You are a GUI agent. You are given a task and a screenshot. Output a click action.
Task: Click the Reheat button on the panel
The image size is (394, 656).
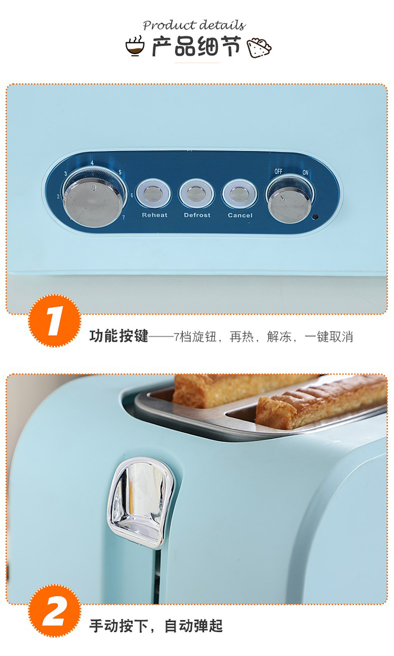click(153, 194)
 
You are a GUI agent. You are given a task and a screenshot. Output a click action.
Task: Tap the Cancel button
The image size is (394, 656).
click(240, 194)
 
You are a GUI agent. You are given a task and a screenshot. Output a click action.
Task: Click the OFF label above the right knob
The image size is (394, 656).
click(278, 171)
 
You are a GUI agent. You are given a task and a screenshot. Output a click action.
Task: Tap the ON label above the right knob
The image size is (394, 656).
click(305, 172)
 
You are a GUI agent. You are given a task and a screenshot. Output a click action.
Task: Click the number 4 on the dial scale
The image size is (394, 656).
click(92, 163)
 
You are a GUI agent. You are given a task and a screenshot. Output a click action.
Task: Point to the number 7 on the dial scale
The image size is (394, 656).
click(123, 217)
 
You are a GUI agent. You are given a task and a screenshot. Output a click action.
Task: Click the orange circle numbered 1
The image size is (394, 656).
click(55, 321)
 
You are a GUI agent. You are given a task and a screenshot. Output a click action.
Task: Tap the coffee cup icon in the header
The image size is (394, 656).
click(135, 46)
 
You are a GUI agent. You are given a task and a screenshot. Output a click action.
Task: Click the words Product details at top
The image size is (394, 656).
click(194, 25)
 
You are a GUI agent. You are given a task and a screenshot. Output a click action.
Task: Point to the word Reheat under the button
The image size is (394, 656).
click(154, 215)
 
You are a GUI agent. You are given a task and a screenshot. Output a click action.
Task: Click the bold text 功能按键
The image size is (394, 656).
click(119, 336)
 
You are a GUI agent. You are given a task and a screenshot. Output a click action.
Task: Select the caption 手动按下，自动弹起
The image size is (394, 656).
click(156, 626)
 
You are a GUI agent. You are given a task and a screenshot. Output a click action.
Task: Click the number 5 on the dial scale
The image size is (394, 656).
click(120, 172)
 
